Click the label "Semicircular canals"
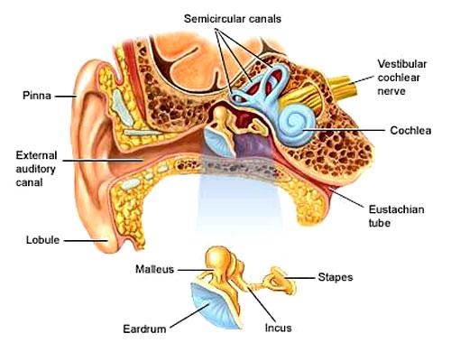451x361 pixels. (x=233, y=19)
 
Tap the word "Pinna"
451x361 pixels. (x=37, y=96)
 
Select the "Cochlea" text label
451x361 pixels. (x=410, y=130)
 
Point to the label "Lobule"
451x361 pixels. (x=42, y=240)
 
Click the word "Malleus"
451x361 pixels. (x=154, y=269)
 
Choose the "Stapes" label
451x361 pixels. (x=336, y=277)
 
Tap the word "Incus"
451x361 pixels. (x=278, y=328)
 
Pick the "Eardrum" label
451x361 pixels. (x=144, y=329)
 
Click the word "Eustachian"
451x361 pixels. (x=397, y=209)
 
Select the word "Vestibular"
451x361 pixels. (x=402, y=64)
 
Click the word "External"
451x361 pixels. (x=36, y=155)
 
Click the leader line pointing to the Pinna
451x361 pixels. (x=66, y=97)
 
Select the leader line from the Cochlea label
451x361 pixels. (x=344, y=130)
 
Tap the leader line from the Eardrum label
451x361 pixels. (x=189, y=316)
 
